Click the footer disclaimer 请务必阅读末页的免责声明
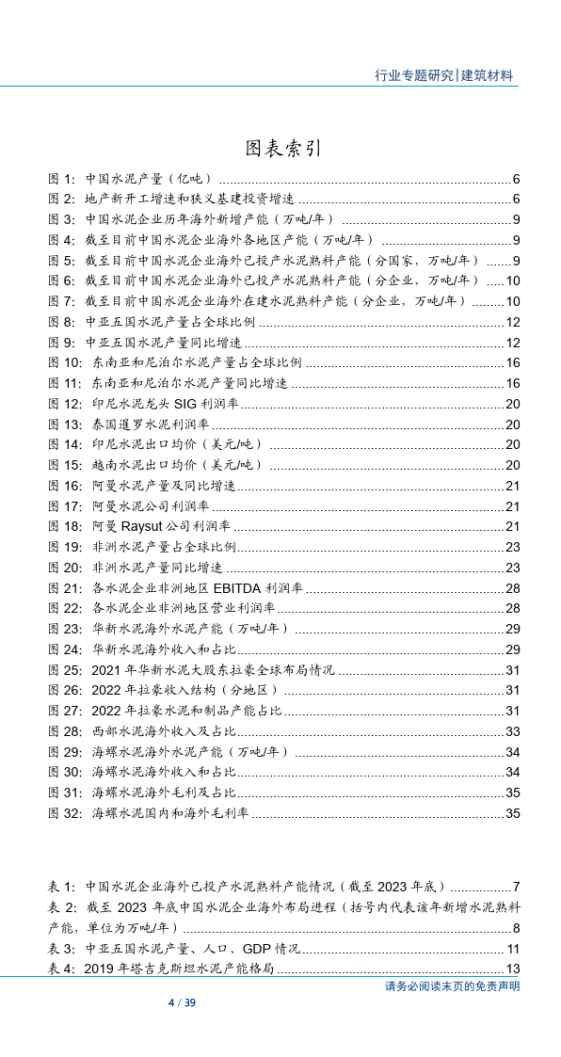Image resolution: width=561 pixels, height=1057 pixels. click(452, 986)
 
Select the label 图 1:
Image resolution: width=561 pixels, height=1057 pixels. click(61, 179)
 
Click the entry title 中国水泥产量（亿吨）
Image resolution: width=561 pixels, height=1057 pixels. click(149, 179)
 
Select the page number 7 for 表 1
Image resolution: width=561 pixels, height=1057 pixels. click(516, 887)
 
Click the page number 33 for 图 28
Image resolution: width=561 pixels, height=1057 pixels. click(512, 730)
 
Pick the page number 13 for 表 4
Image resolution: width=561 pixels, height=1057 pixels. click(512, 969)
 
